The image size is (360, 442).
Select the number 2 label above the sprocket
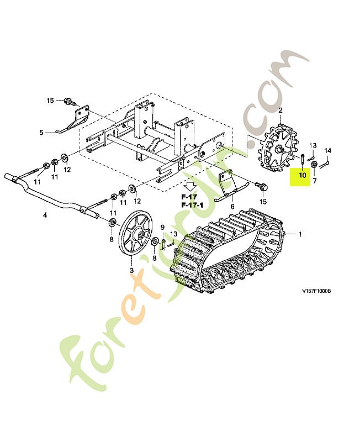point(280,110)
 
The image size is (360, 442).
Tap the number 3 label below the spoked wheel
point(131,270)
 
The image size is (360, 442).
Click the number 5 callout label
point(41,132)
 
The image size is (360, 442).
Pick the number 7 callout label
point(315,181)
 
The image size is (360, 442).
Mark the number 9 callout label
point(162,227)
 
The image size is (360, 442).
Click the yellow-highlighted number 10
point(302,176)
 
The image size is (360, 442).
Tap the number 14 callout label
point(327,150)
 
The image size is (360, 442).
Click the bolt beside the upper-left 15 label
point(69,102)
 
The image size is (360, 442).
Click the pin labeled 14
point(325,162)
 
